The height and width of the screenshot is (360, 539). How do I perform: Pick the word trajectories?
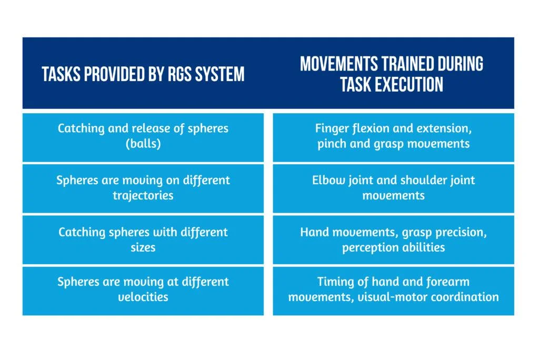pyautogui.click(x=143, y=195)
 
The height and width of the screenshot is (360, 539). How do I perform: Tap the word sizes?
pyautogui.click(x=143, y=246)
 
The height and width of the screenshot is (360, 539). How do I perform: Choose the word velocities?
pyautogui.click(x=143, y=297)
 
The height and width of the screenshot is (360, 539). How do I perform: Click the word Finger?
pyautogui.click(x=331, y=128)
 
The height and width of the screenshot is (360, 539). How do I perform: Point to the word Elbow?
pyautogui.click(x=327, y=180)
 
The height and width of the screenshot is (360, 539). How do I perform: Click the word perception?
pyautogui.click(x=369, y=247)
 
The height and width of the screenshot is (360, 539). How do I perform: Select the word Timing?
pyautogui.click(x=334, y=282)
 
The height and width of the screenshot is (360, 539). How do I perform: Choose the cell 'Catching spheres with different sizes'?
pyautogui.click(x=143, y=239)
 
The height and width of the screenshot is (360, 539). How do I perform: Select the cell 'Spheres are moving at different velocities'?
pyautogui.click(x=143, y=290)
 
